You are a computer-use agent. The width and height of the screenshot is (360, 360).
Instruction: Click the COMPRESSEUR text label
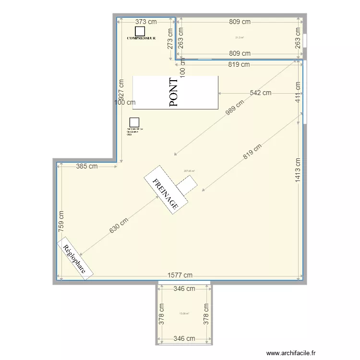point(141,37)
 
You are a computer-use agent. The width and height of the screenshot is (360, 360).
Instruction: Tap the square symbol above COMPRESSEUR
point(140,30)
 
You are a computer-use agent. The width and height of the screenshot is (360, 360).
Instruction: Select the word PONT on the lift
point(174,92)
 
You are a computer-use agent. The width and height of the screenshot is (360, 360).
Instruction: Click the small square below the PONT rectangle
point(134,123)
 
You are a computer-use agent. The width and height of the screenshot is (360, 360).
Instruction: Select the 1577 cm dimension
point(180,275)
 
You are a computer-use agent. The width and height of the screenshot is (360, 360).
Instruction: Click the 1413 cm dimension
point(298,170)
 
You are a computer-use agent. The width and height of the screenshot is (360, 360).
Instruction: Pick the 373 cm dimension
point(146,22)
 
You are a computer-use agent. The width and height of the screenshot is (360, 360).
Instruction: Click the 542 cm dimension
point(260,93)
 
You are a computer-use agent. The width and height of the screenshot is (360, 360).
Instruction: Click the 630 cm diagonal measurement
point(119,226)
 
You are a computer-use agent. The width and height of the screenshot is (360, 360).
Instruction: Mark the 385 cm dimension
point(87,167)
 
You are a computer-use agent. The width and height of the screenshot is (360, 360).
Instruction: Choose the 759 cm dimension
point(61,222)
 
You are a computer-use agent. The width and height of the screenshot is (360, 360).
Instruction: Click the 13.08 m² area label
point(184,314)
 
